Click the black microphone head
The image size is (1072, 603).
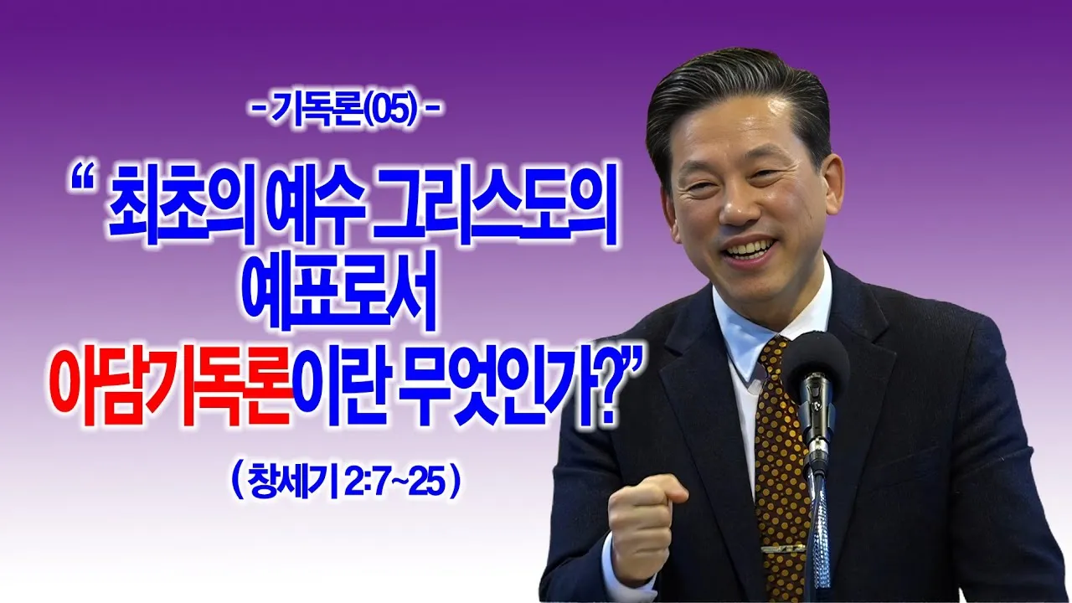click(815, 366)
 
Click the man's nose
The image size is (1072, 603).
click(740, 206)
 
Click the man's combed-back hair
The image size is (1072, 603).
click(737, 95)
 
